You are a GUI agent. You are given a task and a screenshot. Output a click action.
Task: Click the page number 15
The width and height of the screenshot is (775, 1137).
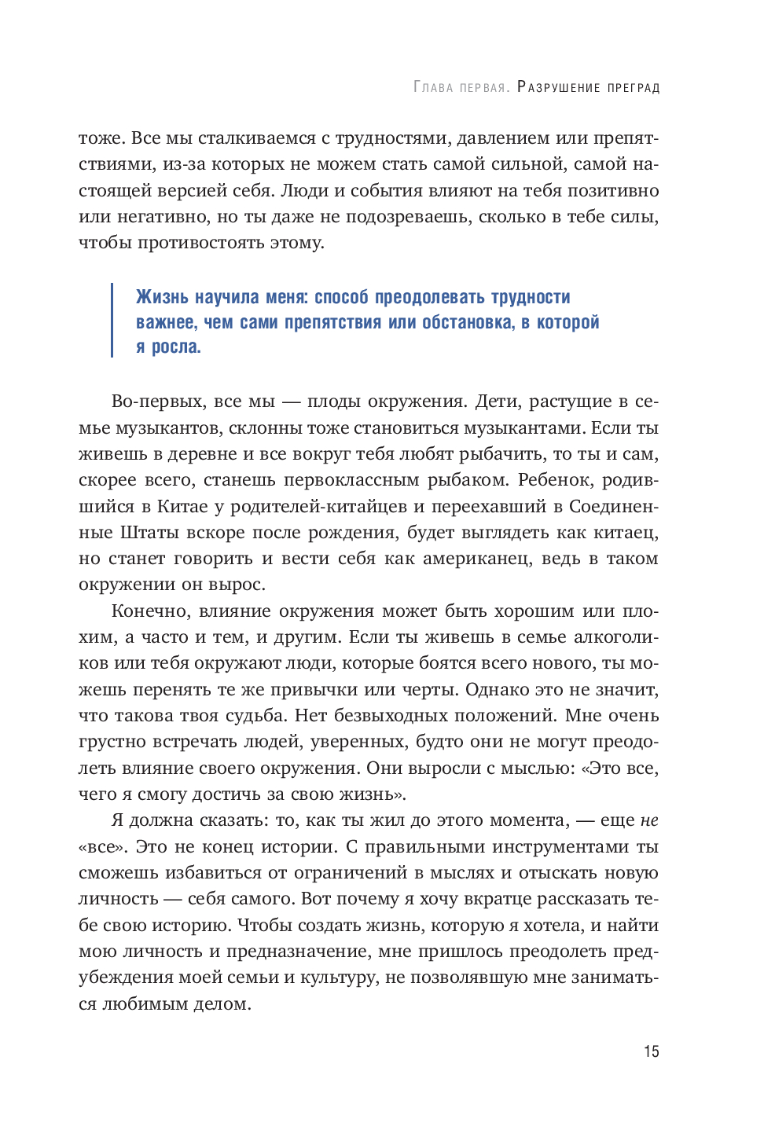651,1051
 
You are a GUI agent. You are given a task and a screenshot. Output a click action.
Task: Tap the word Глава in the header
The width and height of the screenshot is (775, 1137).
433,87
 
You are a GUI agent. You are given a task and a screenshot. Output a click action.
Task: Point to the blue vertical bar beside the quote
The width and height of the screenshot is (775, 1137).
112,321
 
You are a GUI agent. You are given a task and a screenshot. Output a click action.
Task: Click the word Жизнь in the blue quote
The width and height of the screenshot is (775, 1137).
162,297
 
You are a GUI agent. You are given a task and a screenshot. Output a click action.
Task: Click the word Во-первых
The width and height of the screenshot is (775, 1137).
156,402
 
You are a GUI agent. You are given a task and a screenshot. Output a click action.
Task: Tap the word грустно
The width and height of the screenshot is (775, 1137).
112,742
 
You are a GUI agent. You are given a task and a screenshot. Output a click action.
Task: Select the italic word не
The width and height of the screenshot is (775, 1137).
649,820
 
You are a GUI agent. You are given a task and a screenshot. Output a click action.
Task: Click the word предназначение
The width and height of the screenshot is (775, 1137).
296,952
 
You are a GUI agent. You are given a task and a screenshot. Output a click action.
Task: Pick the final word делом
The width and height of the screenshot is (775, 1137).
223,1004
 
